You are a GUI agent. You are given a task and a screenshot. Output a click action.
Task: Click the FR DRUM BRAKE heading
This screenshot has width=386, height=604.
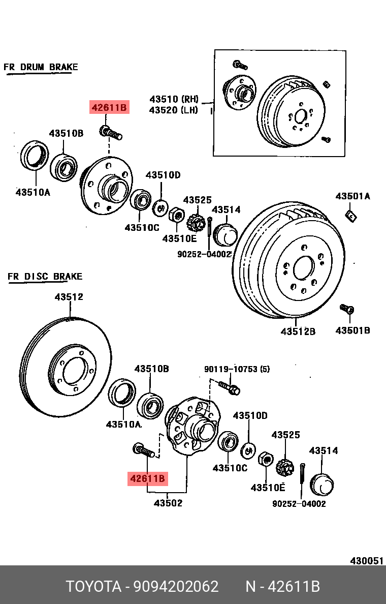pos(41,67)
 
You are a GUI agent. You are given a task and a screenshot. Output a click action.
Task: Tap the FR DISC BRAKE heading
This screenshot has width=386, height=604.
pos(45,277)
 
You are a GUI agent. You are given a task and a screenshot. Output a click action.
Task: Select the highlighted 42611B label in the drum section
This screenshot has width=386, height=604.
pos(109,108)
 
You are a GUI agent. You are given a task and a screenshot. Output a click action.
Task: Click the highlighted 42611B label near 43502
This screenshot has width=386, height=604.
pos(147,478)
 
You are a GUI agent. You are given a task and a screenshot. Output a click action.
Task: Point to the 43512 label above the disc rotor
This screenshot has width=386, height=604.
pos(69,297)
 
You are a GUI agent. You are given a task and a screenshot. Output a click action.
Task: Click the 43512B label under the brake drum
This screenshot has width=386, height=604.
pos(298,331)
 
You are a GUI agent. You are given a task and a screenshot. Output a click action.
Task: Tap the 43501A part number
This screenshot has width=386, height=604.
pos(352,196)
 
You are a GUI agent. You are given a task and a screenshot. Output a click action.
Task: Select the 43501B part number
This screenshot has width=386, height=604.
pos(352,330)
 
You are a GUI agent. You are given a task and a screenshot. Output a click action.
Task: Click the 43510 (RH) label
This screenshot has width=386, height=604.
pos(174,99)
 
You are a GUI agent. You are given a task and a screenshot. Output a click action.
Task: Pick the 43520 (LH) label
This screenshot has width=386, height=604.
pos(174,110)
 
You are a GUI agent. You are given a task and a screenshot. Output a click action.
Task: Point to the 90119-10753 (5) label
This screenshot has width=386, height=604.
pos(237,369)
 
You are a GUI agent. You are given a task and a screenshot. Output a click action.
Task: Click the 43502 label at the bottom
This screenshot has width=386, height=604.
pos(168,503)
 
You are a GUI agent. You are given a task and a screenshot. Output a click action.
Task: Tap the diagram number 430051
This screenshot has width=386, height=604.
pos(366,561)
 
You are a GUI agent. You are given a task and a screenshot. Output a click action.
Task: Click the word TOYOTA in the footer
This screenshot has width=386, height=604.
pos(93,587)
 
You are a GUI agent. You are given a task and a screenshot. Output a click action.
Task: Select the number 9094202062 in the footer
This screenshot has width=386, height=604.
pos(176,587)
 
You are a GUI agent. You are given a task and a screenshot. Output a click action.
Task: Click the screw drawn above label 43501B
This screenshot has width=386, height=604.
pos(347,309)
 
